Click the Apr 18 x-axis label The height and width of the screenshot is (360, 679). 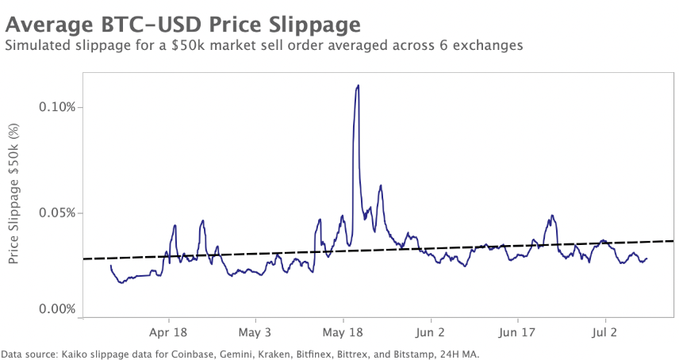[x=167, y=332]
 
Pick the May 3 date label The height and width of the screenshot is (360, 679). [x=255, y=332]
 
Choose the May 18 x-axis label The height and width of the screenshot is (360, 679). [x=343, y=332]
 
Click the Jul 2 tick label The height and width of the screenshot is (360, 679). [x=605, y=332]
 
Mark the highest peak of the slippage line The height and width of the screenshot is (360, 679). [x=359, y=85]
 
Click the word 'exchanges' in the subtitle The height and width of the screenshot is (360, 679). [x=488, y=45]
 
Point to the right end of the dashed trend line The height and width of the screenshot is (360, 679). [x=673, y=240]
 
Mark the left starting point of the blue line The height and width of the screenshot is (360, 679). [x=110, y=265]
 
